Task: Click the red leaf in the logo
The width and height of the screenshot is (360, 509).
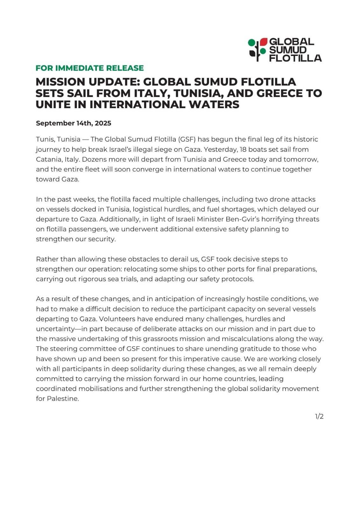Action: [263, 42]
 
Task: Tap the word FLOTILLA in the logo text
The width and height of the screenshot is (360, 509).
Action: [295, 58]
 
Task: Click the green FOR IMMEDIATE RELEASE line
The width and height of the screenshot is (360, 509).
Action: [89, 68]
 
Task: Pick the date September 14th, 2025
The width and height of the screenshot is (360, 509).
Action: [73, 123]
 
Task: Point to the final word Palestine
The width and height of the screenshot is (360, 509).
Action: [62, 399]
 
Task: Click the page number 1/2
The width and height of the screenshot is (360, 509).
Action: [319, 416]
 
